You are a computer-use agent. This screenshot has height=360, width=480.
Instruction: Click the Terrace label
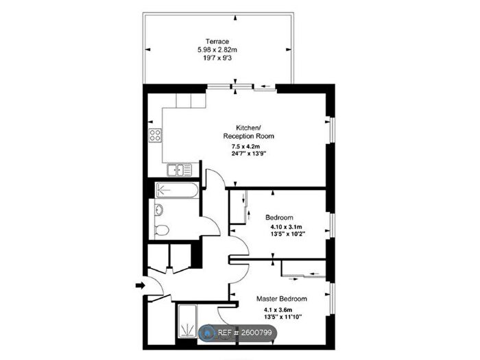click(217, 41)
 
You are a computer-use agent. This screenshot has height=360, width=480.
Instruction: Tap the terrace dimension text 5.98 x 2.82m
click(217, 49)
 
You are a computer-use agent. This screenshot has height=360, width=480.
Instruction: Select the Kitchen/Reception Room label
click(248, 132)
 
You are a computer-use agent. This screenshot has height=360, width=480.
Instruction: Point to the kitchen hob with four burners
click(155, 135)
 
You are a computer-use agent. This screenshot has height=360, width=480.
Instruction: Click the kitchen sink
click(180, 170)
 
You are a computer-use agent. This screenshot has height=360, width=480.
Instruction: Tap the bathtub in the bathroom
click(177, 190)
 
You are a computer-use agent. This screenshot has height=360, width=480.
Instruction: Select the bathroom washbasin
click(159, 211)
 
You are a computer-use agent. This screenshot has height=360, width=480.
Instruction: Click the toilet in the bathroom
click(161, 230)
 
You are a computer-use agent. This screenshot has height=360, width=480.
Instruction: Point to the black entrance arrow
click(140, 286)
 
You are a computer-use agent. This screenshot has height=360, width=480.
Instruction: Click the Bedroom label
click(279, 217)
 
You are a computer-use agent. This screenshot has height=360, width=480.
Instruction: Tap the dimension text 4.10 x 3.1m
click(286, 227)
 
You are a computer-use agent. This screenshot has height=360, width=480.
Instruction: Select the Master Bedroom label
click(282, 299)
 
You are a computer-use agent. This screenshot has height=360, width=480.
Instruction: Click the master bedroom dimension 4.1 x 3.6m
click(278, 309)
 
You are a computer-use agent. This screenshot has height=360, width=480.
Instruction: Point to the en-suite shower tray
click(187, 321)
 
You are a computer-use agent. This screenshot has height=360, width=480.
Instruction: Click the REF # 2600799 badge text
click(245, 333)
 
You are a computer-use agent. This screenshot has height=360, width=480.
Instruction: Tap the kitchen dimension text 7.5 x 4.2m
click(245, 146)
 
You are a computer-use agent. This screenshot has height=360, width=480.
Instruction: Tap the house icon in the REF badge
click(208, 333)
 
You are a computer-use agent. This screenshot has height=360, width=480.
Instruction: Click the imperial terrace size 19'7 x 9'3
click(217, 58)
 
